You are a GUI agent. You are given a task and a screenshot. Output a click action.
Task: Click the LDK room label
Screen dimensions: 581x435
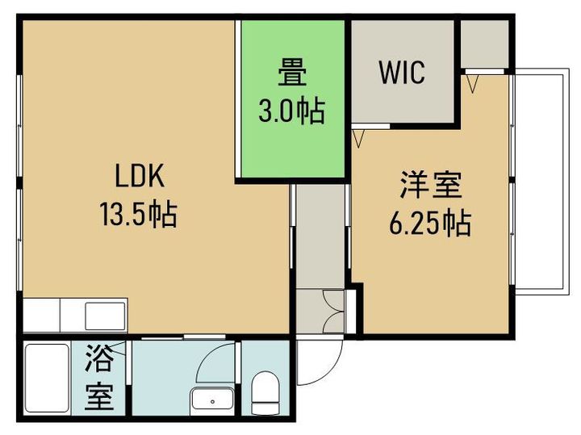[x=140, y=176]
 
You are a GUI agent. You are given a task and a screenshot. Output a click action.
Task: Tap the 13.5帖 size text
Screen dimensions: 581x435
[x=138, y=214]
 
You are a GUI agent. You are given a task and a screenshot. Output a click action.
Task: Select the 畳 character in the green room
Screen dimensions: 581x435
[x=292, y=73]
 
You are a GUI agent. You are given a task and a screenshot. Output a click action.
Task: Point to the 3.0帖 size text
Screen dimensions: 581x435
[x=292, y=111]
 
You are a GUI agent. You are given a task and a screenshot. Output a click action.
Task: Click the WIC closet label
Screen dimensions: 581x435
[x=402, y=73]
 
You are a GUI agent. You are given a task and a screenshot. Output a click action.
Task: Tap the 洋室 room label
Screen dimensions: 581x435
[x=431, y=185]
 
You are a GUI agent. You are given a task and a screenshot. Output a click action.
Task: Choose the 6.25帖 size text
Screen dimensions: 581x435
[x=430, y=223]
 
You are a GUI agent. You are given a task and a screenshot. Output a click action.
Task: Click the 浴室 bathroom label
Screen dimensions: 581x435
[x=98, y=377]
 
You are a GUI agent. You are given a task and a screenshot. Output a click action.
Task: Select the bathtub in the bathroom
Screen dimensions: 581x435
[x=47, y=378]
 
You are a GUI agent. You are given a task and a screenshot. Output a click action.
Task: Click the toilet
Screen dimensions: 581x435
[x=265, y=394]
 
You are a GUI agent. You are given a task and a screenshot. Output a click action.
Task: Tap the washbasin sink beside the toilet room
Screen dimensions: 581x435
[x=213, y=400]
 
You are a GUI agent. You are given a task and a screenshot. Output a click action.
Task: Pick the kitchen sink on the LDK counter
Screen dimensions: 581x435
[x=106, y=316]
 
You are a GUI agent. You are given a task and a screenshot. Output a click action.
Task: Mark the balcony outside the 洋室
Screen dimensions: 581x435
[x=541, y=182]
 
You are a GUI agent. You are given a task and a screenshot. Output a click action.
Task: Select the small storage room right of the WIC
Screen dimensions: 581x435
[x=485, y=44]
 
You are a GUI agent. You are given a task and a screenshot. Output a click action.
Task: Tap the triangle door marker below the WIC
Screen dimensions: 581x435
[x=358, y=139]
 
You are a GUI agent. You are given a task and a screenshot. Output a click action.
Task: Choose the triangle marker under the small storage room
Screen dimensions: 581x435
[x=472, y=84]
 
